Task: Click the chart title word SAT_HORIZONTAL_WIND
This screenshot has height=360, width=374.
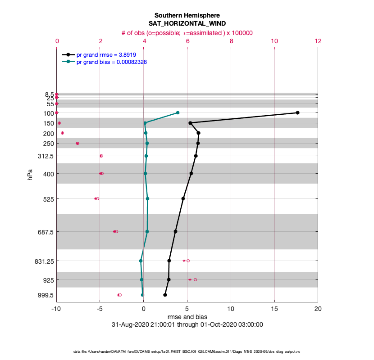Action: click(187, 23)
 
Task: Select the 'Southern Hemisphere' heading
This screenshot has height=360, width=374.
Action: click(187, 15)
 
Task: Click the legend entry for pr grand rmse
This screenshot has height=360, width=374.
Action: click(106, 54)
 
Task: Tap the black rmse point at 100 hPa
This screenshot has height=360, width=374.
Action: click(297, 112)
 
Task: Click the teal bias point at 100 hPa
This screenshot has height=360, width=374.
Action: click(178, 112)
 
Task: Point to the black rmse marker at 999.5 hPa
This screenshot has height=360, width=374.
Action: click(165, 295)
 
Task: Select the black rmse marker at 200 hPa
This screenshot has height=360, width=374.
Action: click(198, 133)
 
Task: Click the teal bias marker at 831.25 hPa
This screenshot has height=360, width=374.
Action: click(141, 261)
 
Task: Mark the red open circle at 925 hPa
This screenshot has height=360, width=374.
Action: click(195, 279)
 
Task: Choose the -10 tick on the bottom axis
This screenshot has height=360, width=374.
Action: click(56, 309)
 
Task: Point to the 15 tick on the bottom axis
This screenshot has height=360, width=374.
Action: click(274, 309)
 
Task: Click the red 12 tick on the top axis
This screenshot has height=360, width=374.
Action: click(318, 40)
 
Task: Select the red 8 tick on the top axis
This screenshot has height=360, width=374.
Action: click(231, 40)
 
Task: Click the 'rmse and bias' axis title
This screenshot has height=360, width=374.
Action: click(187, 317)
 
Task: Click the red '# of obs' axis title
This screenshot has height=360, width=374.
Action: click(187, 32)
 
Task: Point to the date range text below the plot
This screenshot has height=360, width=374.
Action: click(187, 324)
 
